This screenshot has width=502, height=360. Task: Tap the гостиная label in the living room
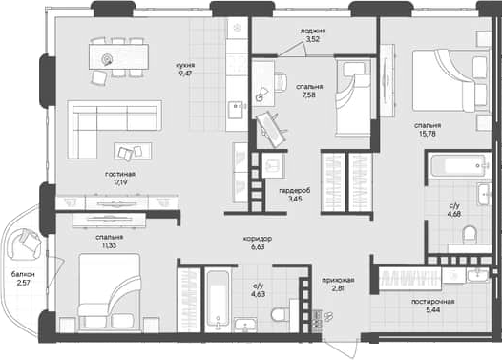(120, 175)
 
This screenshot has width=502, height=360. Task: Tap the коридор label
(258, 238)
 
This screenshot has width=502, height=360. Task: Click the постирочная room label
(433, 302)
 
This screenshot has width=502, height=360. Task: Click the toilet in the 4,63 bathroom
(278, 313)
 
